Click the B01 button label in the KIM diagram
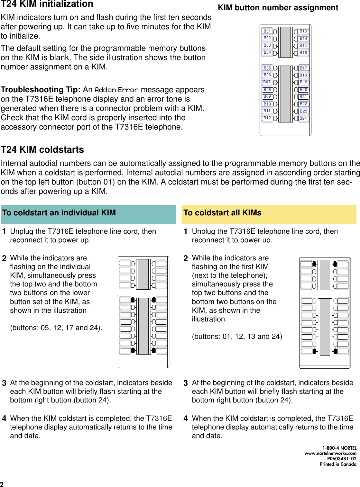(267, 31)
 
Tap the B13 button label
(303, 31)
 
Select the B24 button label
(303, 118)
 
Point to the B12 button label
(267, 118)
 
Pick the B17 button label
(303, 68)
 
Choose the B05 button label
(267, 68)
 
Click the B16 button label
(303, 53)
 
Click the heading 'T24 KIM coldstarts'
(42, 150)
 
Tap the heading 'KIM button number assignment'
(278, 8)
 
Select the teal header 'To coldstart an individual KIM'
(59, 213)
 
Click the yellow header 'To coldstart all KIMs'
(222, 213)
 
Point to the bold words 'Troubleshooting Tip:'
(41, 90)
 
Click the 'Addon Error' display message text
(116, 90)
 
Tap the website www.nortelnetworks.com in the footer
(330, 453)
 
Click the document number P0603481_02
(342, 459)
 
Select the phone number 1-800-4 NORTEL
(339, 448)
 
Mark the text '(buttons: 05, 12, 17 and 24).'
(56, 328)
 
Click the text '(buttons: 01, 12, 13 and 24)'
(237, 337)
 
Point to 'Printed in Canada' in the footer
(338, 464)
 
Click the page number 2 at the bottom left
(2, 484)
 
